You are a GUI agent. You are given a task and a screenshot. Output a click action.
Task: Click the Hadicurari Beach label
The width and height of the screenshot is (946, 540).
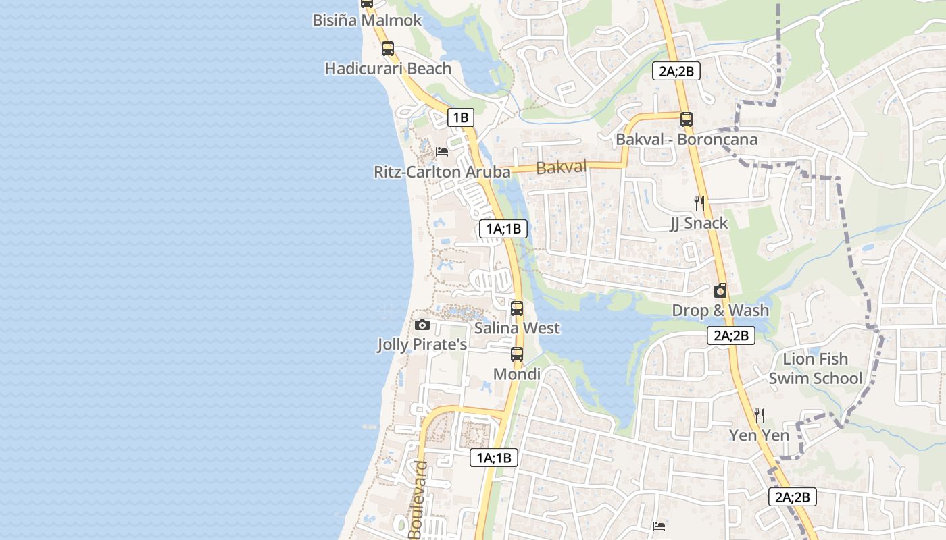point(388,68)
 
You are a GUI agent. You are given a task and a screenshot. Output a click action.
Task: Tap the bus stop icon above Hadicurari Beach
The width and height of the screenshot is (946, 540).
point(387,49)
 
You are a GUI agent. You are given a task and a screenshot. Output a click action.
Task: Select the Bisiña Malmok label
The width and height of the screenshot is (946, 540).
point(367,20)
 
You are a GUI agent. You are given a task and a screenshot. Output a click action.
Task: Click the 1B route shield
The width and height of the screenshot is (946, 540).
point(460,117)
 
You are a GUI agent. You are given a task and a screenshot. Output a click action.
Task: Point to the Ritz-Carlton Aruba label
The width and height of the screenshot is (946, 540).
point(442,172)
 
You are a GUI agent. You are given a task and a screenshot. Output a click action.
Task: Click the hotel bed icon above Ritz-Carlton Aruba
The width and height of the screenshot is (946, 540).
point(442,151)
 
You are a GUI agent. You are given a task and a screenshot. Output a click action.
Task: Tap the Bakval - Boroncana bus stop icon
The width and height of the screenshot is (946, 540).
point(687,119)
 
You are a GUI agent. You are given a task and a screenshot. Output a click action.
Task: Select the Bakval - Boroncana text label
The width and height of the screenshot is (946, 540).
point(687,140)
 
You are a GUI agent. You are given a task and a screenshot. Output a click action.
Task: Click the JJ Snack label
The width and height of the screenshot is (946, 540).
point(699,223)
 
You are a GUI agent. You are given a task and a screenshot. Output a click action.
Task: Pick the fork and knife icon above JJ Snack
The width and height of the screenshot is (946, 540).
point(699,202)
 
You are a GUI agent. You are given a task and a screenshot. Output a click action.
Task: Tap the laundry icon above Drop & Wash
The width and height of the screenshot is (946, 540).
point(720,291)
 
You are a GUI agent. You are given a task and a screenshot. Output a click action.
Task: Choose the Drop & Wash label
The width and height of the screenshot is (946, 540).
point(720,310)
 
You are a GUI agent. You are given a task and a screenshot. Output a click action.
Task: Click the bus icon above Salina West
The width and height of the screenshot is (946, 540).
point(517,308)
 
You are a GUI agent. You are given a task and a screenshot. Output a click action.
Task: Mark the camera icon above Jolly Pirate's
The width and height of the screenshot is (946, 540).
point(422,325)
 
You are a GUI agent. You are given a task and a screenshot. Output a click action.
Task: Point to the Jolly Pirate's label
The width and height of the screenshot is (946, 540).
point(422,345)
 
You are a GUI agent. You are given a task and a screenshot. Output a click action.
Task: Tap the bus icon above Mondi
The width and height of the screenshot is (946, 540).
point(517,354)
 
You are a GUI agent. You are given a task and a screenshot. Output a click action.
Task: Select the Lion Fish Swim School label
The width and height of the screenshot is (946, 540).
point(816,369)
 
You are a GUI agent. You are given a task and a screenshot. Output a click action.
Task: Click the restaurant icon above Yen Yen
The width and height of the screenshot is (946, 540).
point(760,415)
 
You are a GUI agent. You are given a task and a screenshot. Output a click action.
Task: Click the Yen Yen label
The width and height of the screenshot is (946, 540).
point(760,435)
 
